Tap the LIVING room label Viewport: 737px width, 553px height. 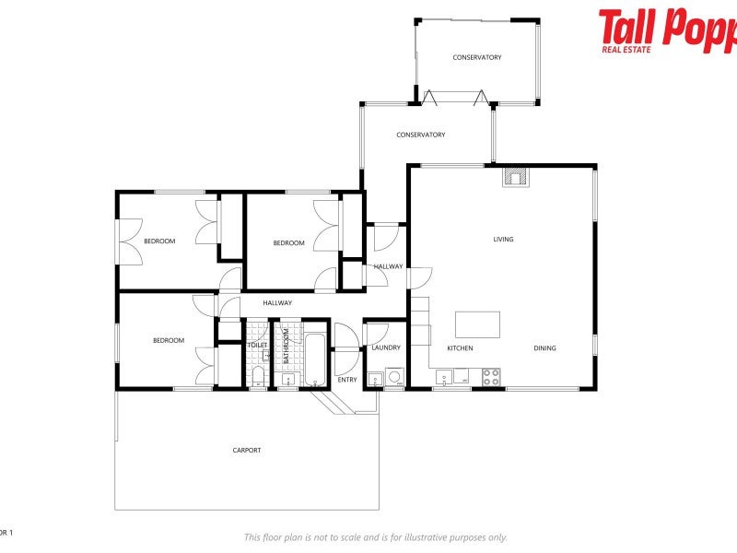pyautogui.click(x=503, y=240)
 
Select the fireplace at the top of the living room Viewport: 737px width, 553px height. pyautogui.click(x=516, y=177)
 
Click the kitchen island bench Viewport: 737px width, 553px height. pyautogui.click(x=478, y=324)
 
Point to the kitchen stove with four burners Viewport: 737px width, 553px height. pyautogui.click(x=491, y=376)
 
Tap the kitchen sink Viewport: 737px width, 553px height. pyautogui.click(x=444, y=375)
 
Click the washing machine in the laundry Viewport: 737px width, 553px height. pyautogui.click(x=394, y=377)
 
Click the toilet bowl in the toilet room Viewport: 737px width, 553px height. pyautogui.click(x=258, y=374)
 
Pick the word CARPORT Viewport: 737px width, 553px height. pyautogui.click(x=247, y=451)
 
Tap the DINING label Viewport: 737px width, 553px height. pyautogui.click(x=545, y=348)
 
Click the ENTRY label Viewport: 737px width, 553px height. pyautogui.click(x=347, y=380)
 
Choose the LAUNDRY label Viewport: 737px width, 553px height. pyautogui.click(x=386, y=347)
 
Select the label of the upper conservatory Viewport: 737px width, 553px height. pyautogui.click(x=477, y=57)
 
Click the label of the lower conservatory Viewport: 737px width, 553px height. pyautogui.click(x=421, y=135)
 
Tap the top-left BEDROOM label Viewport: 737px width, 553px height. pyautogui.click(x=159, y=241)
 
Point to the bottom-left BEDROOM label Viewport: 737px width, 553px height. pyautogui.click(x=169, y=341)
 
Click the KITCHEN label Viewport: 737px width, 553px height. pyautogui.click(x=461, y=348)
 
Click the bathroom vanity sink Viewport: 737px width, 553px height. pyautogui.click(x=287, y=377)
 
